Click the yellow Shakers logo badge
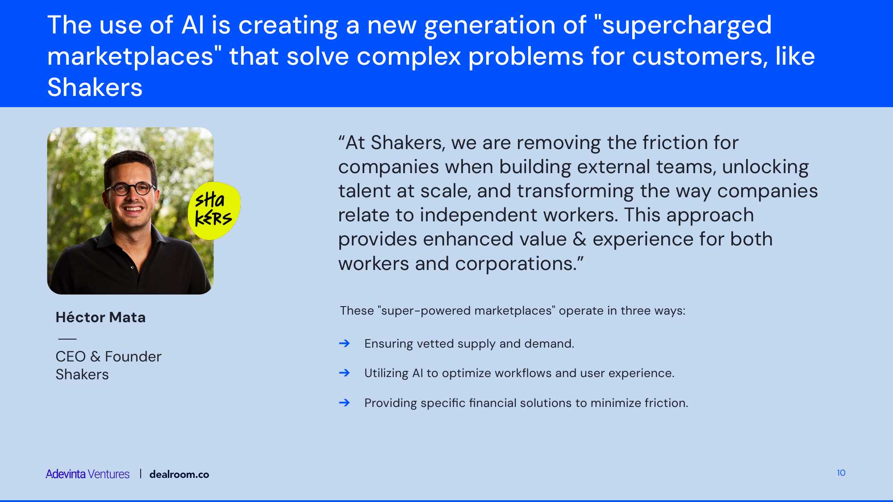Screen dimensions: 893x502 pyautogui.click(x=214, y=210)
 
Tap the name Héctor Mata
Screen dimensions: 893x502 pyautogui.click(x=100, y=317)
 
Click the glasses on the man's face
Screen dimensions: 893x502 pyautogui.click(x=130, y=189)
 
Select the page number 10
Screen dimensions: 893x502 pyautogui.click(x=841, y=473)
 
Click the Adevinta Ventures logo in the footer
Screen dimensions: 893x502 pyautogui.click(x=88, y=474)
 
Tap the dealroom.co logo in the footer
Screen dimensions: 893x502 pyautogui.click(x=179, y=474)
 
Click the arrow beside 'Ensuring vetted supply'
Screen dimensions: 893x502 pyautogui.click(x=344, y=343)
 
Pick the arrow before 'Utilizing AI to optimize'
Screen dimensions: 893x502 pyautogui.click(x=344, y=373)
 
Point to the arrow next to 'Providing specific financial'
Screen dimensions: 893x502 pyautogui.click(x=344, y=402)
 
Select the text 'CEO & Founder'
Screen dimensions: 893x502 pyautogui.click(x=108, y=357)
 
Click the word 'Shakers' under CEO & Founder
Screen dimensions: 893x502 pyautogui.click(x=82, y=374)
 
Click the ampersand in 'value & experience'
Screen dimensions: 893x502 pyautogui.click(x=580, y=239)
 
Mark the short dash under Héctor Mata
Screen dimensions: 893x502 pyautogui.click(x=67, y=339)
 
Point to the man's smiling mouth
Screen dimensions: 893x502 pyautogui.click(x=133, y=208)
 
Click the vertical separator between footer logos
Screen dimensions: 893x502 pyautogui.click(x=140, y=473)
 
